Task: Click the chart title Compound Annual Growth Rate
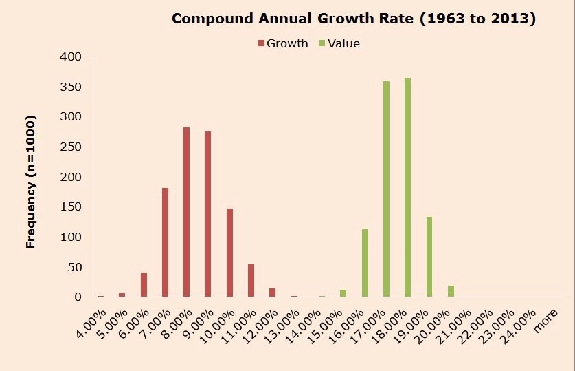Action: [x=353, y=19]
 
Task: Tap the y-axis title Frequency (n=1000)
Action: [x=30, y=181]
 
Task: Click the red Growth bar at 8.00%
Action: [x=186, y=212]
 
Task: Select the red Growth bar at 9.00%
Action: [x=207, y=214]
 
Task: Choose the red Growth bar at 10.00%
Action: [x=229, y=253]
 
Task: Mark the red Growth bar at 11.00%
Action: [x=251, y=280]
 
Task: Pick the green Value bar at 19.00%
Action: [x=429, y=257]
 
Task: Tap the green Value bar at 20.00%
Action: [x=451, y=291]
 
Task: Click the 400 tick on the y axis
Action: [x=72, y=56]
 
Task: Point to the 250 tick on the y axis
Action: [x=72, y=147]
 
